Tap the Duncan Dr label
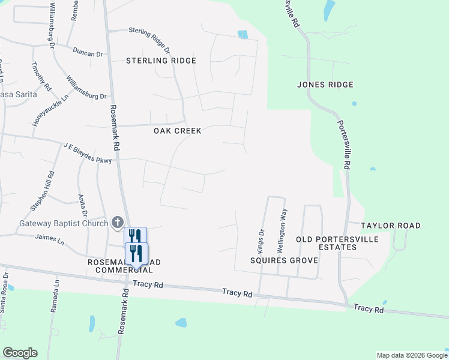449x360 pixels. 88,53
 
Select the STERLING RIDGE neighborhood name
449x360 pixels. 161,61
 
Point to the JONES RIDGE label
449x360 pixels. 325,85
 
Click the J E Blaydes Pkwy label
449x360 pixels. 87,152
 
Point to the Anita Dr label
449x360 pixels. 83,206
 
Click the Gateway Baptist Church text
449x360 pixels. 63,223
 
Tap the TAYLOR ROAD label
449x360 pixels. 390,226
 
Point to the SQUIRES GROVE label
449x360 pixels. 284,260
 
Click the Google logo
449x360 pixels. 20,352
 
